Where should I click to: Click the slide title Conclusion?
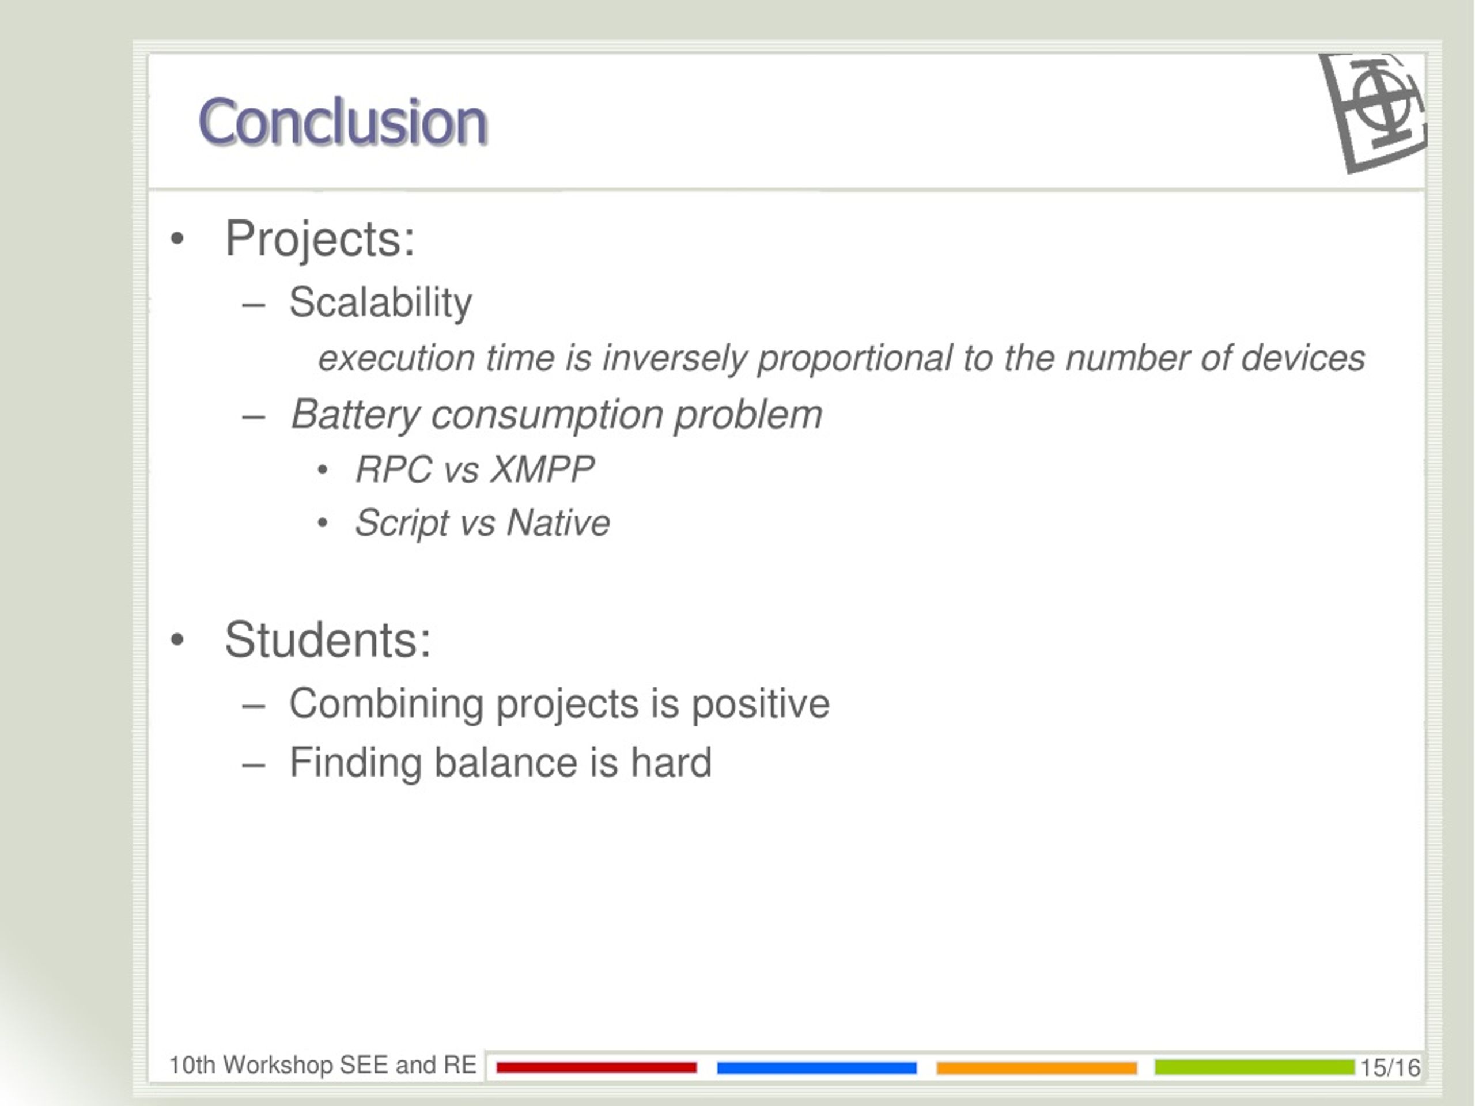coord(343,122)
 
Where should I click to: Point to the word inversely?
coord(674,359)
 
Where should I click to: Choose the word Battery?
coord(355,415)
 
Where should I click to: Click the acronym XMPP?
coord(542,469)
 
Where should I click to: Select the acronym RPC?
coord(394,469)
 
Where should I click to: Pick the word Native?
coord(558,522)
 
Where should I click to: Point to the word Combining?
coord(386,704)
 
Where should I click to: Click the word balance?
coord(505,762)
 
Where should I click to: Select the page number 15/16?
coord(1390,1068)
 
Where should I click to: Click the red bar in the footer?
coord(597,1068)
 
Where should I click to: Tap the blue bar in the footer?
coord(817,1068)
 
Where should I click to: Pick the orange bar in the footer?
coord(1037,1068)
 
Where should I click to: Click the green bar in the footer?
coord(1255,1067)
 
